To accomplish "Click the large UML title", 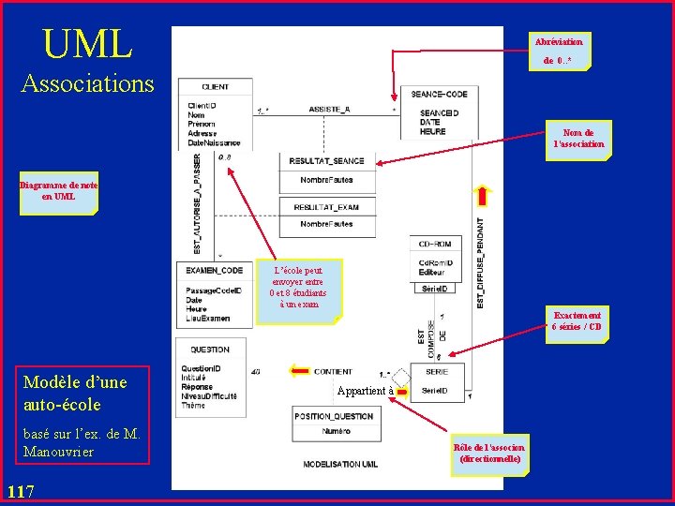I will pos(87,43).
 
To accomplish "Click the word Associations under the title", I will pos(87,83).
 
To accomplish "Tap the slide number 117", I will pos(20,491).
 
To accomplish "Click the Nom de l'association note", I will pos(578,139).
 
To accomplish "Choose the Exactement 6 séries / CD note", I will pos(577,321).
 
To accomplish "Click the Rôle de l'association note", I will pos(488,453).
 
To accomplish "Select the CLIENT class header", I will pos(215,87).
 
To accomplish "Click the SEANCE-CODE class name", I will pos(439,94).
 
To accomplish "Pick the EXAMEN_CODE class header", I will pos(214,271).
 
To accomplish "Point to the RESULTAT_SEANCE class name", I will pos(326,161).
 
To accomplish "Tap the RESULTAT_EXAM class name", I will pos(326,207).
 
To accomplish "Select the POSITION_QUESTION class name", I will pos(335,416).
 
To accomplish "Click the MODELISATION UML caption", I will pos(340,464).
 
